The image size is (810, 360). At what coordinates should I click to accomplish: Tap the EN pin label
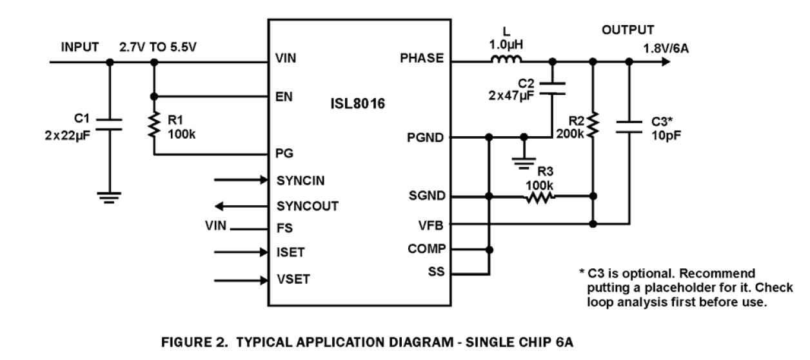(x=284, y=97)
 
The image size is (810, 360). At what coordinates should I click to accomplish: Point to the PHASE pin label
(x=422, y=58)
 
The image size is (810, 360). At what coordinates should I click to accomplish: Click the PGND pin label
(x=426, y=137)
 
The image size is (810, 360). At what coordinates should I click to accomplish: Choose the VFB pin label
(x=431, y=225)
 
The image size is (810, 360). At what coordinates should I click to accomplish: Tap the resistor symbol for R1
(x=153, y=125)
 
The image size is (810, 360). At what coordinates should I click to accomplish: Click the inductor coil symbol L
(x=507, y=61)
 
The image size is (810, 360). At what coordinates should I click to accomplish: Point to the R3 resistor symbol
(x=540, y=196)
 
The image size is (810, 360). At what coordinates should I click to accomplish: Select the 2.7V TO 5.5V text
(x=157, y=47)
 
